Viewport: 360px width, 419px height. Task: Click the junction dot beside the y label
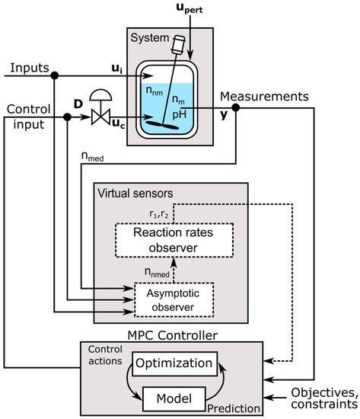click(237, 108)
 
